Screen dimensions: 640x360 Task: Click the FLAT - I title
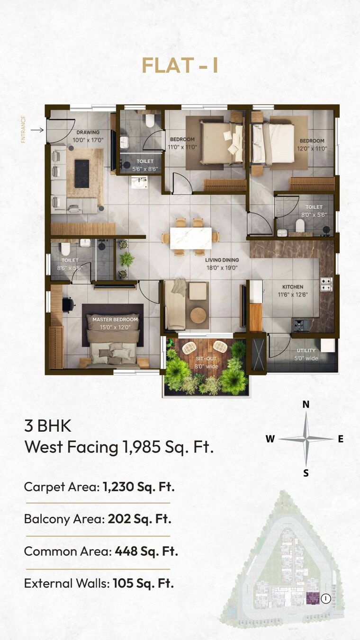(180, 65)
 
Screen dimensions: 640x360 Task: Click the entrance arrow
(37, 129)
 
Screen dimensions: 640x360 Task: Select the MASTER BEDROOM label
(115, 320)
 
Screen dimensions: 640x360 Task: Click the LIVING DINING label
(222, 260)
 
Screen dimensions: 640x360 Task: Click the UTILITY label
(306, 350)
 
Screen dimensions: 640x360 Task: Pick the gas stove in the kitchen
(326, 284)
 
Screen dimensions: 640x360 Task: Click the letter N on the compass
(306, 404)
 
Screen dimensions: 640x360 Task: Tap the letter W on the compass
(270, 439)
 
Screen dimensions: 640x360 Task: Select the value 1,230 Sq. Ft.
(139, 487)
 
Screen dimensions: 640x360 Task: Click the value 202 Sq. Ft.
(139, 519)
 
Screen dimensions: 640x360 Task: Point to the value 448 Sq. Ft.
(146, 551)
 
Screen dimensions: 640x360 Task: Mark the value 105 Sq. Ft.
(143, 583)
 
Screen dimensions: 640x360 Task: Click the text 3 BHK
(47, 426)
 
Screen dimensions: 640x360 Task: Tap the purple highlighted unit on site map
(313, 598)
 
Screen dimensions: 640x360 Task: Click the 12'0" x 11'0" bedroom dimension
(312, 148)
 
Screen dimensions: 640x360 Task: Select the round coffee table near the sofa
(199, 314)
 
